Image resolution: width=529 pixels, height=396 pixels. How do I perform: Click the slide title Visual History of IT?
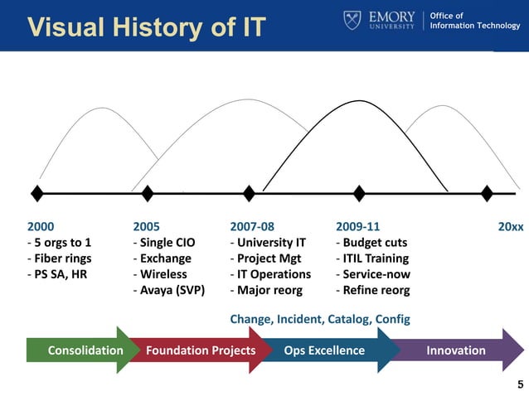pyautogui.click(x=146, y=26)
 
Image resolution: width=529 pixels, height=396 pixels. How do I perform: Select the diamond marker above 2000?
pyautogui.click(x=37, y=193)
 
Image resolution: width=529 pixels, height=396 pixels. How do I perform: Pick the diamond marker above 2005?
pyautogui.click(x=148, y=193)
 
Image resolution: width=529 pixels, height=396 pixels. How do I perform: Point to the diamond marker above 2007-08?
pyautogui.click(x=250, y=193)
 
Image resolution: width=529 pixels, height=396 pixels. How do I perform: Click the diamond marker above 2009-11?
pyautogui.click(x=359, y=193)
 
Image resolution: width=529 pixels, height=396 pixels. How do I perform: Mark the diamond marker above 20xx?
pyautogui.click(x=487, y=193)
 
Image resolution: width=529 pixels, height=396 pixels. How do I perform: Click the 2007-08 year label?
pyautogui.click(x=252, y=226)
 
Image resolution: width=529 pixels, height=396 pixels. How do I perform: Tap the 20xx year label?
pyautogui.click(x=510, y=226)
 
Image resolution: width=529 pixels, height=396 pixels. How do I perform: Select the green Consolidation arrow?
pyautogui.click(x=80, y=350)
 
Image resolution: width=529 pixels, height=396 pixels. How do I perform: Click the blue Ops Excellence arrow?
pyautogui.click(x=325, y=350)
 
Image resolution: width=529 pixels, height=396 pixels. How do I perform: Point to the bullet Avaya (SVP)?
pyautogui.click(x=169, y=291)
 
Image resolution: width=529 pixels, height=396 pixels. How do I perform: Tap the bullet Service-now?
pyautogui.click(x=373, y=274)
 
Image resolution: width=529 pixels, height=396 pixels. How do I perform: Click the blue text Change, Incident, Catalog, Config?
pyautogui.click(x=319, y=319)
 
